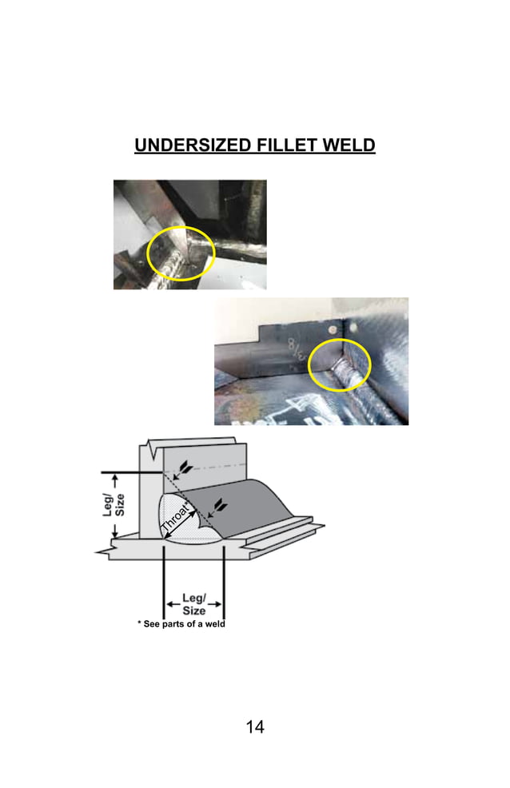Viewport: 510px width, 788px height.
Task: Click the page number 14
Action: point(255,726)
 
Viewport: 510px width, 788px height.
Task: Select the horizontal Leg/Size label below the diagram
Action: point(193,605)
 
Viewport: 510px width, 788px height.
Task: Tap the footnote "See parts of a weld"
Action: point(185,623)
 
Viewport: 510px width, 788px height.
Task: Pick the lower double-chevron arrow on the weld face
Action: point(217,505)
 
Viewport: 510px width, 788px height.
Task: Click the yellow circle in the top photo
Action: point(181,252)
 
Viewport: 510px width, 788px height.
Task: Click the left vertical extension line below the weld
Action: point(164,575)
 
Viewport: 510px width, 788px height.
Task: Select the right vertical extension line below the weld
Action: point(223,575)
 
